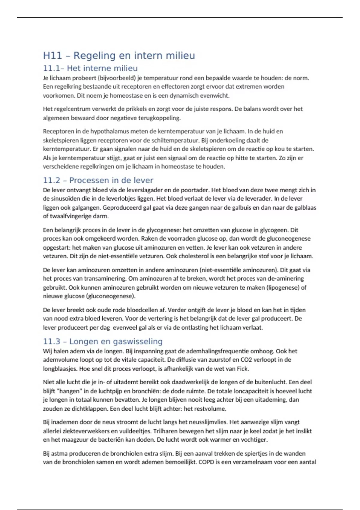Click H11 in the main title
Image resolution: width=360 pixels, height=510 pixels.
pos(52,55)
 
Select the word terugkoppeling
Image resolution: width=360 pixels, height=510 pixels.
pos(159,118)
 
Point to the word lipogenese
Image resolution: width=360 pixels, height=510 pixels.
pos(283,287)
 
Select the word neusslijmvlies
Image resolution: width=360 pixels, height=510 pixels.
pos(207,422)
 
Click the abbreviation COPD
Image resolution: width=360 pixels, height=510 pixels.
pos(206,462)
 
